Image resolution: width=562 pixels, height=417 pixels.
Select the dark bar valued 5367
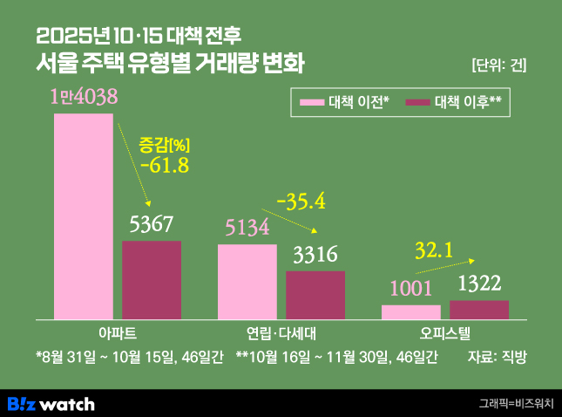click(152, 280)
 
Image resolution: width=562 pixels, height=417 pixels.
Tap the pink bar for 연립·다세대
click(247, 282)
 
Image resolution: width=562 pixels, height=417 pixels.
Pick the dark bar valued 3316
click(315, 295)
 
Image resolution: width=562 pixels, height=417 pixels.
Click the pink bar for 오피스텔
click(411, 311)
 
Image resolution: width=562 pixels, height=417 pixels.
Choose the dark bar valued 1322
click(479, 310)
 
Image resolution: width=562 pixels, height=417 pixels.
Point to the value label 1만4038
click(84, 97)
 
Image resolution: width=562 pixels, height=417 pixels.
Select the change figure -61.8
click(164, 165)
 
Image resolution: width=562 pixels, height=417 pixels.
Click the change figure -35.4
click(300, 202)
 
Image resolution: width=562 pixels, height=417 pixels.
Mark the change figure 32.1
click(433, 251)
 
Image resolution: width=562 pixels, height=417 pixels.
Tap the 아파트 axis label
click(117, 333)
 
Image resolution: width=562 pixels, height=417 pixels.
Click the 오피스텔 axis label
click(444, 333)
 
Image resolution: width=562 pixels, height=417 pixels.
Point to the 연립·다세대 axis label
click(281, 333)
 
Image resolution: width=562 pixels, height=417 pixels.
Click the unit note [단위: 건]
click(498, 65)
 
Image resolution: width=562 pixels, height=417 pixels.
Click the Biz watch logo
click(51, 403)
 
